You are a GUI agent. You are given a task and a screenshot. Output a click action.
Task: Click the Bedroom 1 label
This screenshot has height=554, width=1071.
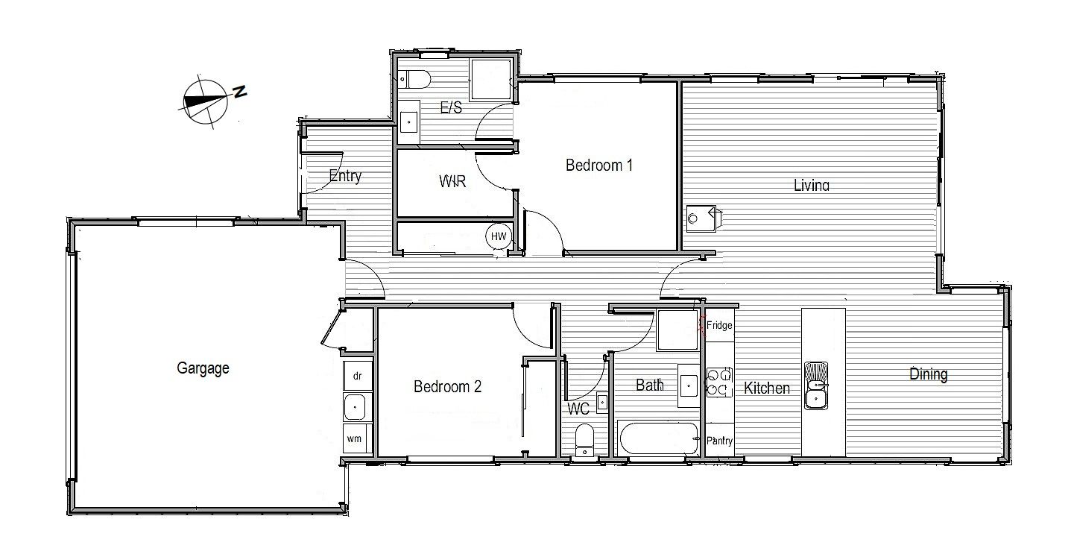[599, 165]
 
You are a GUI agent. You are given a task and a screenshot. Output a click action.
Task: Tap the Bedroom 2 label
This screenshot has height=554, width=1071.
[447, 386]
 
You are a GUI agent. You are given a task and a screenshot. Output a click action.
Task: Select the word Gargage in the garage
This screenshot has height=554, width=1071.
[203, 368]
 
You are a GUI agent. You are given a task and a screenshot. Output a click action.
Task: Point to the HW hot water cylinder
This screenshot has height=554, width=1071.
[498, 236]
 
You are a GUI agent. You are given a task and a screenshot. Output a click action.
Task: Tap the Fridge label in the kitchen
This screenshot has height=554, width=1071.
[719, 325]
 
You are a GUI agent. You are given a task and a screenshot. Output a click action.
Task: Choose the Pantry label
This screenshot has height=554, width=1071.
[719, 441]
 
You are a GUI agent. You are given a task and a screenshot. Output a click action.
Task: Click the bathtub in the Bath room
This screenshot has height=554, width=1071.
[658, 438]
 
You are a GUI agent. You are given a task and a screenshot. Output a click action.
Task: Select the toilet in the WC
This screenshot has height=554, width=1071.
[584, 440]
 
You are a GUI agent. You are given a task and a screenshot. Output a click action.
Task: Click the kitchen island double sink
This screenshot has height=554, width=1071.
[816, 385]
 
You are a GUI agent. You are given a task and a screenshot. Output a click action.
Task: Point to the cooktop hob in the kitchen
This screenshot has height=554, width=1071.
[719, 383]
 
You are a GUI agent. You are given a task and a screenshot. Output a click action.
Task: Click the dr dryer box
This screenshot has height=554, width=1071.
[358, 376]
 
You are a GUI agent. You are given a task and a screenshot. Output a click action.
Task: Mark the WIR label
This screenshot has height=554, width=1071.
[452, 181]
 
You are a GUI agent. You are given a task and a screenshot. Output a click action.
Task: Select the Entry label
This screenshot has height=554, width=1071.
[345, 176]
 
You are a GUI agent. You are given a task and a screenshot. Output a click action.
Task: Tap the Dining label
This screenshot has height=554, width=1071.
[928, 374]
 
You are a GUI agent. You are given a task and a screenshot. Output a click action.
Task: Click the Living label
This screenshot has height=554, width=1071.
[812, 185]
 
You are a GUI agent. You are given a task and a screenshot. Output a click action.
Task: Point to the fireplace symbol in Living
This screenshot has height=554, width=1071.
[703, 218]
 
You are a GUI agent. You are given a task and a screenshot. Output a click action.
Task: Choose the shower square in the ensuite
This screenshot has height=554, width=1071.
[490, 80]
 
